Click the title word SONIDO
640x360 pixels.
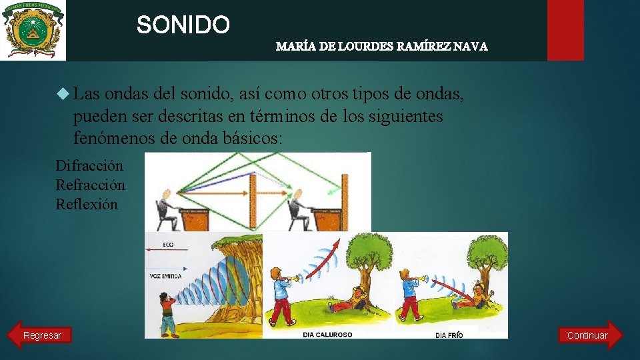[x=183, y=25]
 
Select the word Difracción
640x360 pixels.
[x=89, y=165]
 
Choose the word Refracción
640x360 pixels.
[x=90, y=185]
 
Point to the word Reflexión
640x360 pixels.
[x=87, y=204]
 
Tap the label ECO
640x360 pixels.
[x=168, y=245]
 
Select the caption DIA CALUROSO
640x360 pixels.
[x=327, y=334]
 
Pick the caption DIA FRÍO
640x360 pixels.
[x=449, y=335]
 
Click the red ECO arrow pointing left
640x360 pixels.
[x=167, y=251]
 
